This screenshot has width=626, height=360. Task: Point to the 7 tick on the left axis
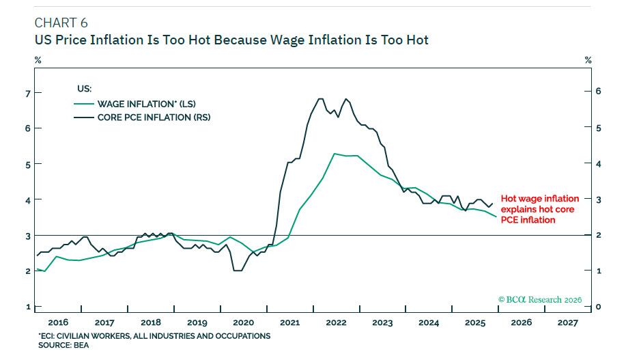28,92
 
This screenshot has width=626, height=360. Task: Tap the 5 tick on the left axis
28,164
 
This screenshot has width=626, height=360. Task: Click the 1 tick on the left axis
28,307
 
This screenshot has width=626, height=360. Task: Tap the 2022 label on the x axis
336,322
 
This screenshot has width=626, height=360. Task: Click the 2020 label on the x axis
243,322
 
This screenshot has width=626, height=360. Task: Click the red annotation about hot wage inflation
539,209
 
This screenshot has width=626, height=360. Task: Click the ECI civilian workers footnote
154,336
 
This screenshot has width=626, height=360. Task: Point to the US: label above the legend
82,88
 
